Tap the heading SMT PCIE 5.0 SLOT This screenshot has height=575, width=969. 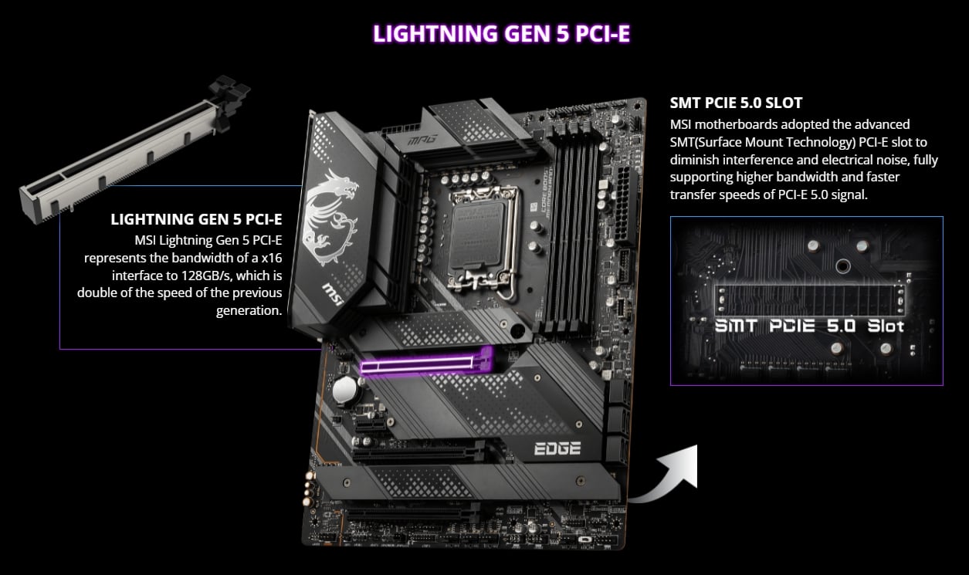[736, 102]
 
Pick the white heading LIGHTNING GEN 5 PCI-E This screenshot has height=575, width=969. [196, 220]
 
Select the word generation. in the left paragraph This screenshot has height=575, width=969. [249, 310]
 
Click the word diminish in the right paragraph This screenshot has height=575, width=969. [700, 160]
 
